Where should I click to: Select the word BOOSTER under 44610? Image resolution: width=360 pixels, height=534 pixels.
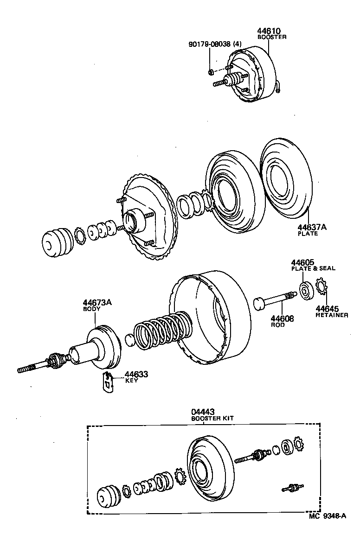(x=272, y=37)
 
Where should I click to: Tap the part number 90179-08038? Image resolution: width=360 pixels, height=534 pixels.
(x=210, y=44)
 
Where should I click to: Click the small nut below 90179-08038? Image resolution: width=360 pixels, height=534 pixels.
(x=210, y=71)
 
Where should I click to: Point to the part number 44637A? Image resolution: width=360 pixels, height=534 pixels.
(x=312, y=227)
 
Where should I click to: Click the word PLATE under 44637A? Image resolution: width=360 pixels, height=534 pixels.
(x=308, y=234)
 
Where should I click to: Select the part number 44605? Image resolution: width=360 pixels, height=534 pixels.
(x=303, y=262)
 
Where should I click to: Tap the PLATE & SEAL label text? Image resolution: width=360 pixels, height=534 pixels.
(x=313, y=268)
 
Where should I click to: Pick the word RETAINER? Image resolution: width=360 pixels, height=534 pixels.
(x=332, y=315)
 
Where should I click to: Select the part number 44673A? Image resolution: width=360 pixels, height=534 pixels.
(x=97, y=303)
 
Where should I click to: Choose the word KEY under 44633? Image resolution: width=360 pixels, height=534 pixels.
(x=131, y=381)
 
